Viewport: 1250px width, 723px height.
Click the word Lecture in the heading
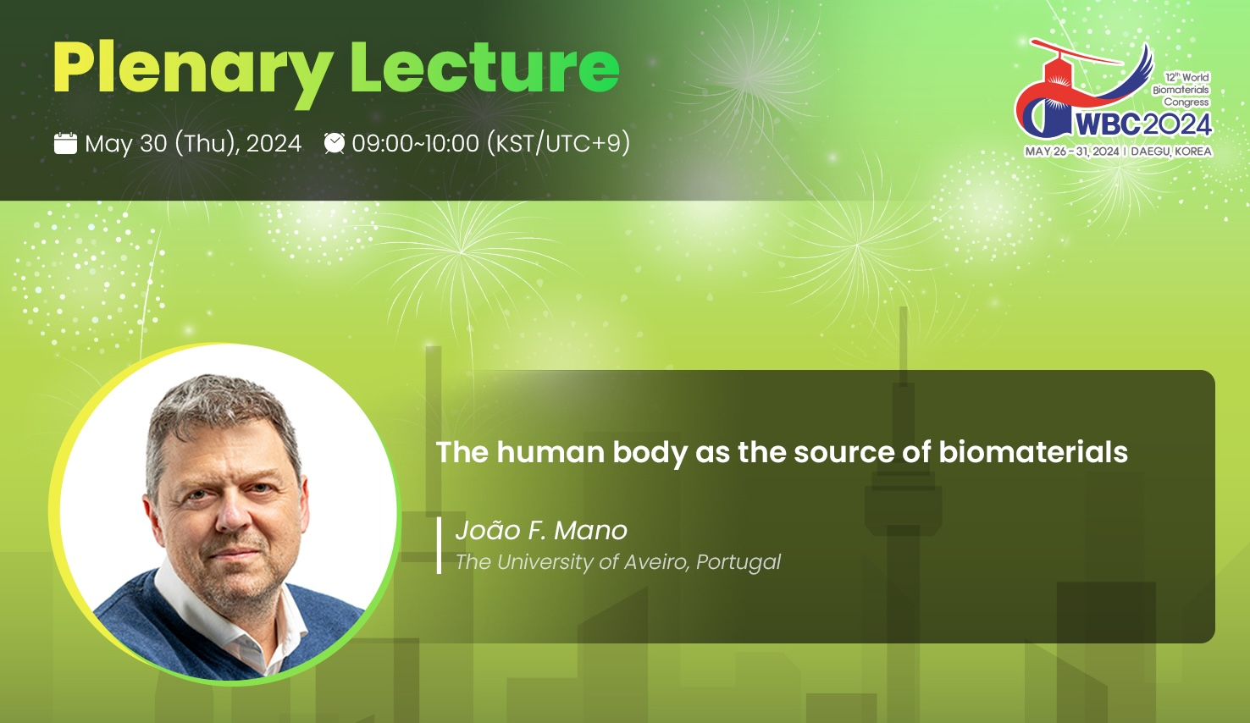coord(484,67)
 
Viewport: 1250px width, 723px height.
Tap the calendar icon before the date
coord(65,143)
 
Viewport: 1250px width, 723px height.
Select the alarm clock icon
coord(335,143)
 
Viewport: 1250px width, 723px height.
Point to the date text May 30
coord(125,143)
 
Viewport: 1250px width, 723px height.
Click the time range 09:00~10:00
coord(415,143)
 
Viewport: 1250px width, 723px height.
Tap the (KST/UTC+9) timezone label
coord(559,143)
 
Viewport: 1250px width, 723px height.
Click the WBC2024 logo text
coord(1144,124)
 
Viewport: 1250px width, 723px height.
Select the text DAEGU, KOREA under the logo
coord(1170,152)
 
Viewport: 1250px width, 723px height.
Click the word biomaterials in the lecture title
coord(1033,451)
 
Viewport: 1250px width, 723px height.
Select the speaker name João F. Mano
coord(541,530)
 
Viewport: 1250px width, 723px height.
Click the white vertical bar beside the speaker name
coord(440,545)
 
